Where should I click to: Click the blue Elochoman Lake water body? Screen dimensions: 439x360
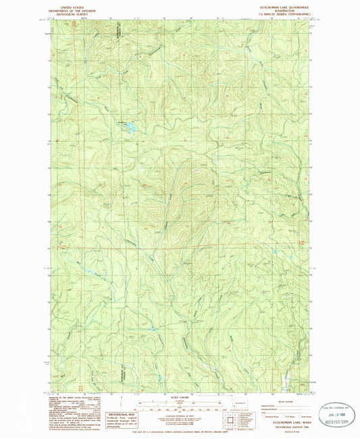tap(128, 126)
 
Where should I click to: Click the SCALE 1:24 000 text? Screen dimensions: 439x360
tap(180, 396)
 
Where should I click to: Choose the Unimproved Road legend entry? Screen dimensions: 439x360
tap(270, 409)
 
